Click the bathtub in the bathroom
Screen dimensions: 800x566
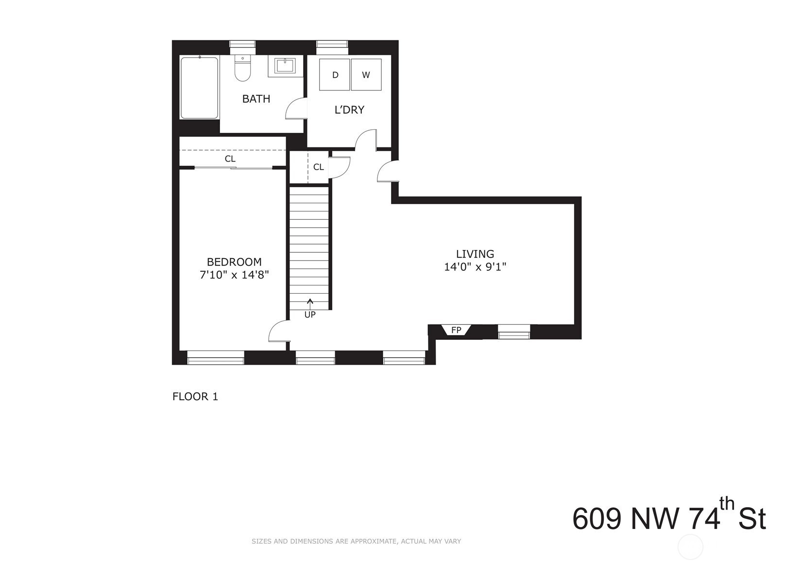199,88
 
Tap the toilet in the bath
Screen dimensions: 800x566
243,68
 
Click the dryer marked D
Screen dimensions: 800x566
335,74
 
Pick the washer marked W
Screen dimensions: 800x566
366,74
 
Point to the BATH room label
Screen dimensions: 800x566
256,99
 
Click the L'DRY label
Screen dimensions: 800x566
349,110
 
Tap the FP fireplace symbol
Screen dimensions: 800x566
456,330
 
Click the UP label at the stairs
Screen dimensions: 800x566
310,315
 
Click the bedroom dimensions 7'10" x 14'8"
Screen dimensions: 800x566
234,275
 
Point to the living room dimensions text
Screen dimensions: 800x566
475,267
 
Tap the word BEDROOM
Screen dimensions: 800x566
234,262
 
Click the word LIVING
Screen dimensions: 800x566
475,254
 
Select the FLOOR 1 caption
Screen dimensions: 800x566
195,396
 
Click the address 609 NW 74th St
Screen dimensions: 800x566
669,518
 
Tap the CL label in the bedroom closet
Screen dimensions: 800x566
230,159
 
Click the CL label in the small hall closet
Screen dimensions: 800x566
319,167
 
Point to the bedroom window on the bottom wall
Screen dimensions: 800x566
216,357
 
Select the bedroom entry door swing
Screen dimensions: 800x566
279,331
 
